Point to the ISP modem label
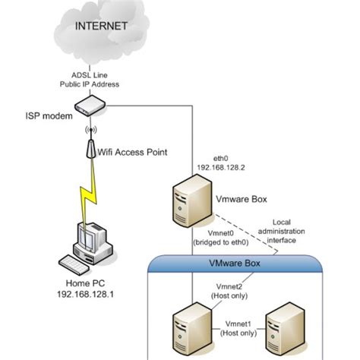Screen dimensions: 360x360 click(x=47, y=115)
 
